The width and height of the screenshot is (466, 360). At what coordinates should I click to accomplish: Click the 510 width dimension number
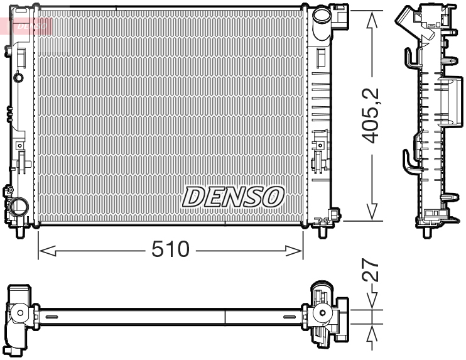[170, 249]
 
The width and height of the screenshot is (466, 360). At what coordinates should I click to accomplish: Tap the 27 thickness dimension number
[373, 271]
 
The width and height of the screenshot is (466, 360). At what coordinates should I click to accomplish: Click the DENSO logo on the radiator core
[233, 197]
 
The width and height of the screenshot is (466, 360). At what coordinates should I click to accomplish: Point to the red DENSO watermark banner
[26, 26]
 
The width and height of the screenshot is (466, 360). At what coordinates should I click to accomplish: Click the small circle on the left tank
[18, 78]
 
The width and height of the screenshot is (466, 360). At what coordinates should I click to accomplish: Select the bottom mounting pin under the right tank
[323, 230]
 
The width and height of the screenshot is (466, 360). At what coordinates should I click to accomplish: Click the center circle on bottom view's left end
[20, 312]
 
